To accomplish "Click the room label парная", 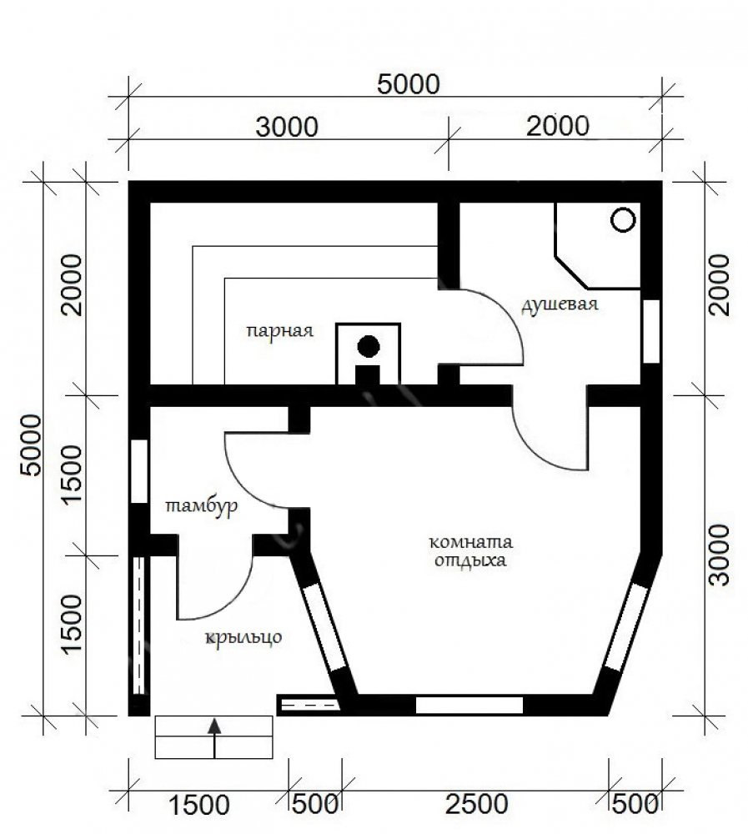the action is pyautogui.click(x=280, y=331).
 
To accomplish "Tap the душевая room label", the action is pyautogui.click(x=560, y=304).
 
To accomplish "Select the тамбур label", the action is pyautogui.click(x=202, y=506).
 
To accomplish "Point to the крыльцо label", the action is pyautogui.click(x=243, y=637).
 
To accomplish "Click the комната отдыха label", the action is pyautogui.click(x=471, y=551).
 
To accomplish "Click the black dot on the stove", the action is pyautogui.click(x=368, y=347).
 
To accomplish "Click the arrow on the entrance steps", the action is pyautogui.click(x=214, y=737).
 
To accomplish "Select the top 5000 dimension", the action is pyautogui.click(x=409, y=84).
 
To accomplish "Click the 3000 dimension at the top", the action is pyautogui.click(x=288, y=127).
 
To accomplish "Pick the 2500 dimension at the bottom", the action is pyautogui.click(x=477, y=805).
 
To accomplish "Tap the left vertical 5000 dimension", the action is pyautogui.click(x=30, y=445).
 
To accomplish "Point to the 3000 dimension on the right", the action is pyautogui.click(x=720, y=555).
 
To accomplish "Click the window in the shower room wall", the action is pyautogui.click(x=651, y=331).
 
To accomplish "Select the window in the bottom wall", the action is pyautogui.click(x=469, y=706).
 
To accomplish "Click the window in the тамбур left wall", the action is pyautogui.click(x=139, y=471).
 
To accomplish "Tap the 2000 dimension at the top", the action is pyautogui.click(x=558, y=127).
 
